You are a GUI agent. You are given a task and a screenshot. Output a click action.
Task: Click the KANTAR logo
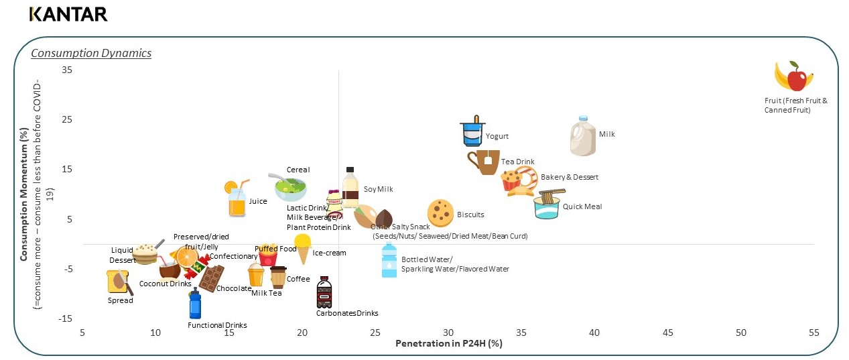(68, 14)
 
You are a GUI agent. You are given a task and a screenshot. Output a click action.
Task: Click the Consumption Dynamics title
(91, 53)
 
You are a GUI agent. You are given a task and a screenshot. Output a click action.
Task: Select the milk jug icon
(582, 136)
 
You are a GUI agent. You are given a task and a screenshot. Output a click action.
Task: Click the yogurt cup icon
(472, 131)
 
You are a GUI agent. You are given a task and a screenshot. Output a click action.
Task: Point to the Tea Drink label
(517, 162)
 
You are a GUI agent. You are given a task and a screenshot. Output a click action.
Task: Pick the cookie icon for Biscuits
(440, 213)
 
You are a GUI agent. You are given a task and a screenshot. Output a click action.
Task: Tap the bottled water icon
(389, 261)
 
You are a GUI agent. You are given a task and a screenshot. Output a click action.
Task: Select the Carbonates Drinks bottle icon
(324, 292)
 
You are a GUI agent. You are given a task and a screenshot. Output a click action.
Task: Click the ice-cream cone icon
(303, 249)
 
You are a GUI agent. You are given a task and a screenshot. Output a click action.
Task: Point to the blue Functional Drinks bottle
(195, 304)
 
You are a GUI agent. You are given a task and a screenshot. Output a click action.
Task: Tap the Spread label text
(121, 300)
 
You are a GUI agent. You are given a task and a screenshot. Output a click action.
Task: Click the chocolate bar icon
(212, 278)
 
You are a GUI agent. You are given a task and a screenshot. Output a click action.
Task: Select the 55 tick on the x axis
(814, 333)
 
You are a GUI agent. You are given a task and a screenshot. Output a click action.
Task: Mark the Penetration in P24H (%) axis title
(448, 344)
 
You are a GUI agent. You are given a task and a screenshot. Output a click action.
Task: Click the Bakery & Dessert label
(569, 177)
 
